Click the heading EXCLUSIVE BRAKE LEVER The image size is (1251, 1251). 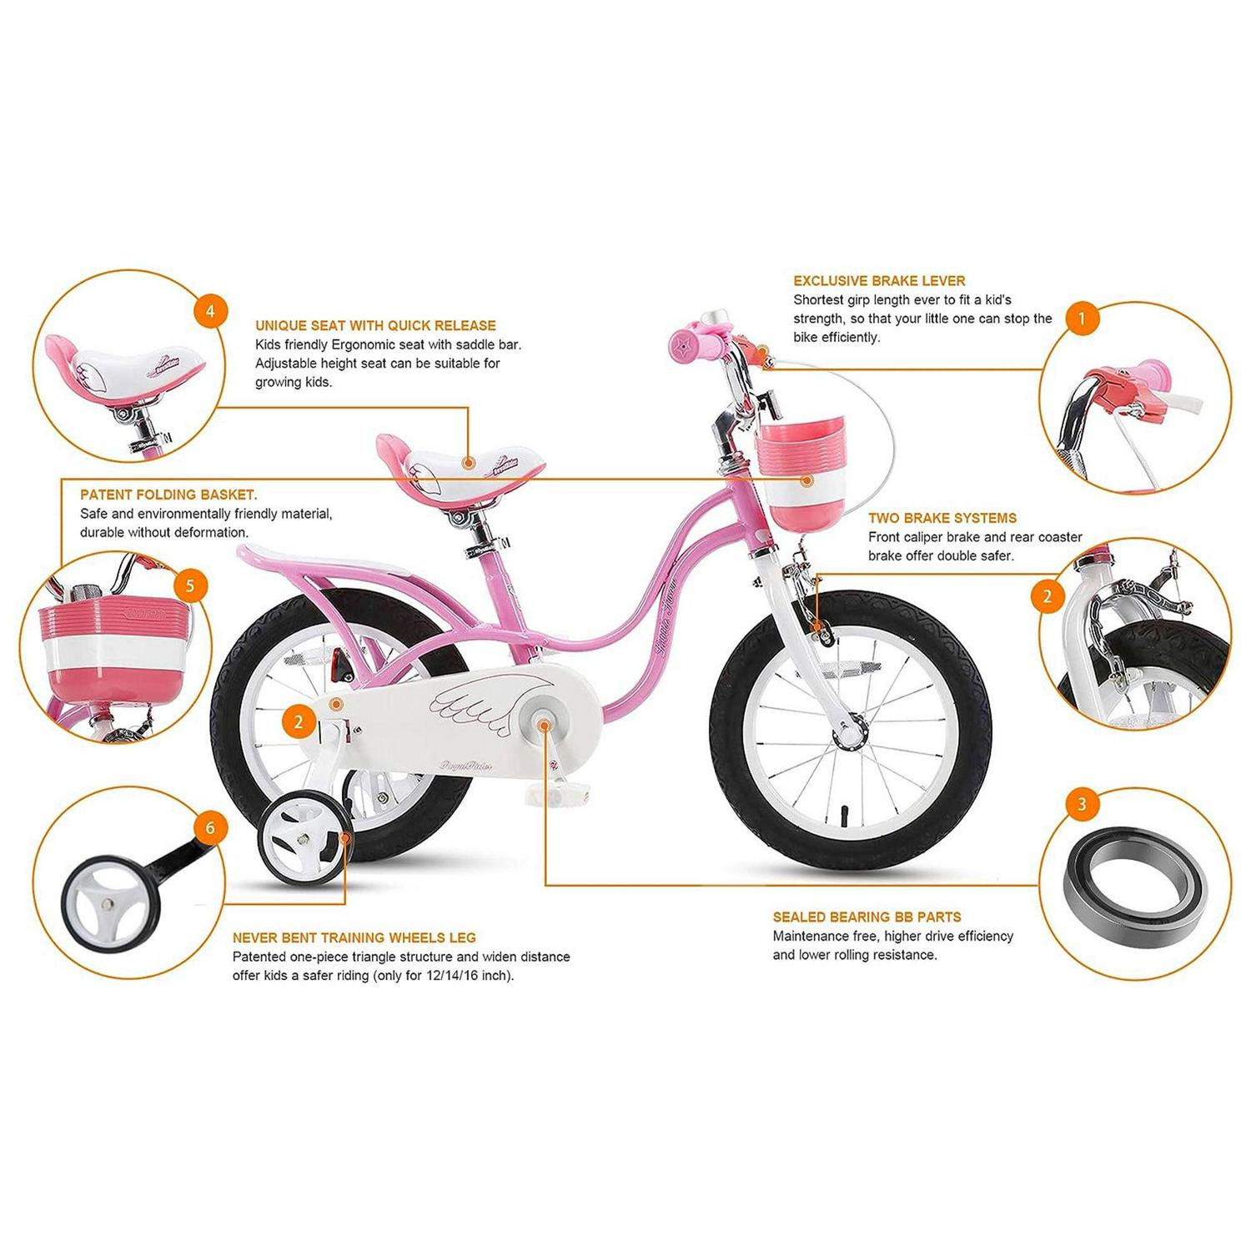click(x=879, y=281)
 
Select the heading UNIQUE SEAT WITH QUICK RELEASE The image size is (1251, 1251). click(x=375, y=326)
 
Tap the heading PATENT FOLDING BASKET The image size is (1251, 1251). click(x=168, y=495)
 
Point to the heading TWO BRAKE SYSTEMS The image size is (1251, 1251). click(x=942, y=518)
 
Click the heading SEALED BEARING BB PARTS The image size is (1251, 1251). click(x=867, y=917)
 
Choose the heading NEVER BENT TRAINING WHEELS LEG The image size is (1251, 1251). click(x=354, y=938)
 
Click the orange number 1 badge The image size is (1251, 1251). click(x=1082, y=319)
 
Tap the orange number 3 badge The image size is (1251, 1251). click(x=1082, y=804)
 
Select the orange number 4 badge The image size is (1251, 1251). click(x=210, y=311)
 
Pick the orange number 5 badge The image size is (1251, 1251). click(x=190, y=585)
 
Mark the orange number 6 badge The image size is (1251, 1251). click(x=210, y=826)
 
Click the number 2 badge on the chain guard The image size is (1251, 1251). click(x=299, y=722)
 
